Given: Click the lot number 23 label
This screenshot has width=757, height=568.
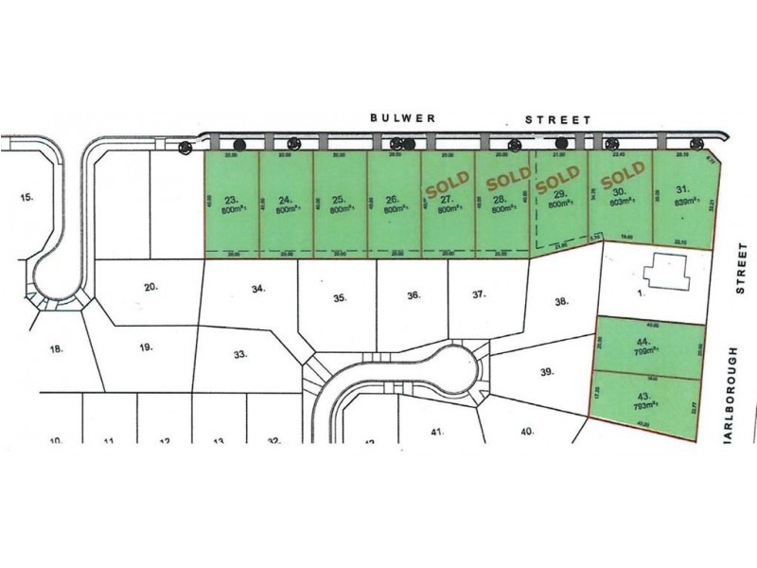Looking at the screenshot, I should pos(232,200).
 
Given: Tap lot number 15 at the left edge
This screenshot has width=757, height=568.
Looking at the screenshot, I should pos(26,198).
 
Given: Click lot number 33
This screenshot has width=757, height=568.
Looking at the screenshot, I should pos(240,354).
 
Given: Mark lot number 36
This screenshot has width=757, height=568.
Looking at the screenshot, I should pos(413,295).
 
